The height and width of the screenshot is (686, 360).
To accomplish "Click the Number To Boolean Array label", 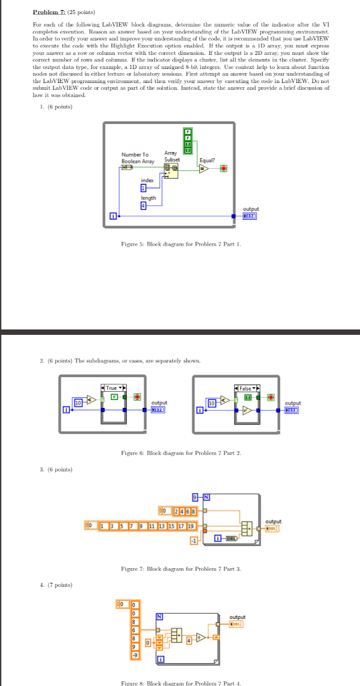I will (x=137, y=157).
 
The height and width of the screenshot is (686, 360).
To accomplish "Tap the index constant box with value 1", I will (x=143, y=188).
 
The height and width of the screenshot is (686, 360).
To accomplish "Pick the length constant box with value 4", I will (x=143, y=205).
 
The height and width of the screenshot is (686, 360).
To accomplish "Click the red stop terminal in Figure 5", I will (x=223, y=167).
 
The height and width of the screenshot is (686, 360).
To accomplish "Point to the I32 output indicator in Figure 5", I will (x=249, y=216).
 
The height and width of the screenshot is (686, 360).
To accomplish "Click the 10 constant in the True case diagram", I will (x=78, y=402).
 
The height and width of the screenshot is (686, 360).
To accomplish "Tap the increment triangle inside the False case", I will (x=249, y=409).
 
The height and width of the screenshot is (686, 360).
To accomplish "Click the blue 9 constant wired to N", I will (x=195, y=496).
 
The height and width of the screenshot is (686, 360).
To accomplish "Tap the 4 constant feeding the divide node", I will (x=188, y=640).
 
